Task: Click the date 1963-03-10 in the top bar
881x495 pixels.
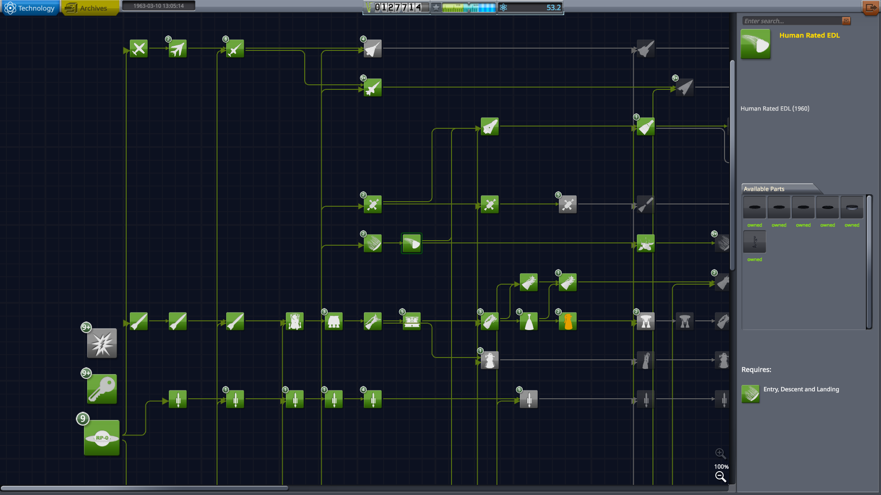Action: [x=158, y=6]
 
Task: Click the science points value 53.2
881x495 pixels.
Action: [x=553, y=7]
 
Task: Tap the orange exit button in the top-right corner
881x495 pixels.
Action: [x=870, y=8]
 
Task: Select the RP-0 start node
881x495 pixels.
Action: [x=102, y=438]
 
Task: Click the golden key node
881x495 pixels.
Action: [x=102, y=389]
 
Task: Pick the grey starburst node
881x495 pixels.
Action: [x=102, y=343]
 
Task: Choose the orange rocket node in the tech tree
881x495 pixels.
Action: [x=568, y=321]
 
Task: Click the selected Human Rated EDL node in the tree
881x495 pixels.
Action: [x=412, y=243]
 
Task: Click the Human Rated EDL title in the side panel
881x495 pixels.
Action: [x=809, y=35]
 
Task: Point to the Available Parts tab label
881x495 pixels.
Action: [x=764, y=189]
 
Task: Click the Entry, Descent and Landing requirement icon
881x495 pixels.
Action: [x=751, y=394]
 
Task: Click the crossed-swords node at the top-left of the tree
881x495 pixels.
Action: [x=139, y=49]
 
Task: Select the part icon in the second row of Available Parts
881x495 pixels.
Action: [x=754, y=242]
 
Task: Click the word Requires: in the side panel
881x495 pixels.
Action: [x=756, y=369]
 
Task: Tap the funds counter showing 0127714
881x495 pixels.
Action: [x=397, y=7]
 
